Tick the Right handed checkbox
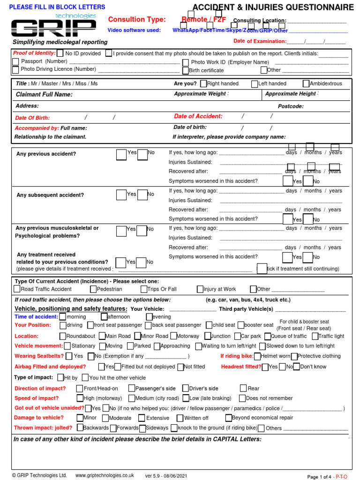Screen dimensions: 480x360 coord(203,84)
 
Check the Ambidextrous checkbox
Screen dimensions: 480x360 coord(306,84)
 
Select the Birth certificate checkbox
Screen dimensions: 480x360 coord(186,71)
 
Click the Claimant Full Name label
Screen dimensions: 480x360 coord(44,94)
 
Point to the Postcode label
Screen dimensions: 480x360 coord(291,106)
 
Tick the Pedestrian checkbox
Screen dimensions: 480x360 coord(93,289)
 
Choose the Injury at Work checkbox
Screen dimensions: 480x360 coord(200,289)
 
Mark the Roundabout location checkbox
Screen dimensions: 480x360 coord(62,336)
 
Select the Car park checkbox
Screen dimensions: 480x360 coord(237,336)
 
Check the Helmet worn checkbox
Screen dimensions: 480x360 coord(257,356)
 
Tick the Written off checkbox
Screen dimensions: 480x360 coord(180,418)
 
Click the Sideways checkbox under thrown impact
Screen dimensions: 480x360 coord(142,428)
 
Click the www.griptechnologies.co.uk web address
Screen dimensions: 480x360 coord(105,475)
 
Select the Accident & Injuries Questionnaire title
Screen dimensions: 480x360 coord(273,7)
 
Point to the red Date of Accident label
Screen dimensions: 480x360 coord(198,116)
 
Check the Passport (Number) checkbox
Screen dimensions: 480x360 coord(16,62)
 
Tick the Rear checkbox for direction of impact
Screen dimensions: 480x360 coord(243,388)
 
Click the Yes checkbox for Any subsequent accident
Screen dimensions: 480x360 coord(121,195)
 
